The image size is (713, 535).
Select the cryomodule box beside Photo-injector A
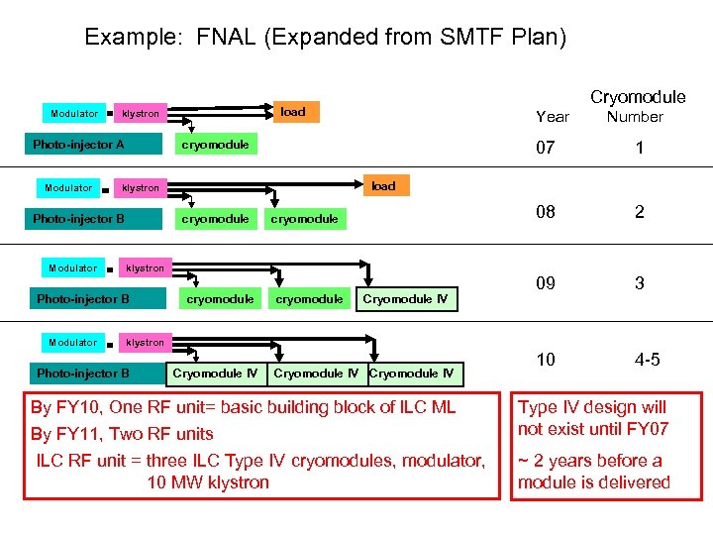(215, 145)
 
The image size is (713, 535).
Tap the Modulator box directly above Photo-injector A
(74, 114)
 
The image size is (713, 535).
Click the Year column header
(552, 117)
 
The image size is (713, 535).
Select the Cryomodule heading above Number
(638, 96)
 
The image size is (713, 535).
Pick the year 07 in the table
(546, 149)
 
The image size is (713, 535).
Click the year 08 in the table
(546, 212)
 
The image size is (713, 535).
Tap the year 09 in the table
(546, 283)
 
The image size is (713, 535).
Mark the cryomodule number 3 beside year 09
(640, 283)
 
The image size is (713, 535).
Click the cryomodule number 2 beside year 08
(640, 212)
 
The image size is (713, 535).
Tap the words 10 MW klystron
(208, 482)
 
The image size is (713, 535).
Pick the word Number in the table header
(635, 117)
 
